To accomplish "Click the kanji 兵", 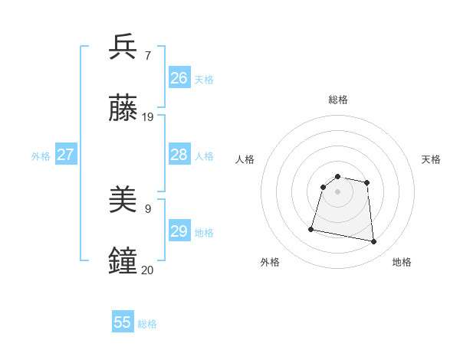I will (123, 47).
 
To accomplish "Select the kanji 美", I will (123, 201).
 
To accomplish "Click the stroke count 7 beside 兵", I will (147, 55).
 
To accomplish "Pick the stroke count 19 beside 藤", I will (148, 117).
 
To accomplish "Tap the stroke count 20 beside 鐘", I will (148, 270).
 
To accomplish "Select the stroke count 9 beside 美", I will (147, 208).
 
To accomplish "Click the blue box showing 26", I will (179, 78).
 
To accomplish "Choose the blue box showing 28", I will (179, 155).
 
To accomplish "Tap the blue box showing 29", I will (179, 231).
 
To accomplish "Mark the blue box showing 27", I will (66, 155).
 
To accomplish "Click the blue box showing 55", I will (123, 322).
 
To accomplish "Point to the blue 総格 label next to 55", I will (147, 324).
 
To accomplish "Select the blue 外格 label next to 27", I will (41, 156).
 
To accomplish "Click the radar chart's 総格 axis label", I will (338, 100).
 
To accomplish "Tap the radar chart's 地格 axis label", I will (402, 262).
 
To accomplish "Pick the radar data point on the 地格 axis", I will (373, 242).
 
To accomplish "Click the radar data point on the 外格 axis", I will (311, 228).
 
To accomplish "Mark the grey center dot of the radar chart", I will (338, 191).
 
